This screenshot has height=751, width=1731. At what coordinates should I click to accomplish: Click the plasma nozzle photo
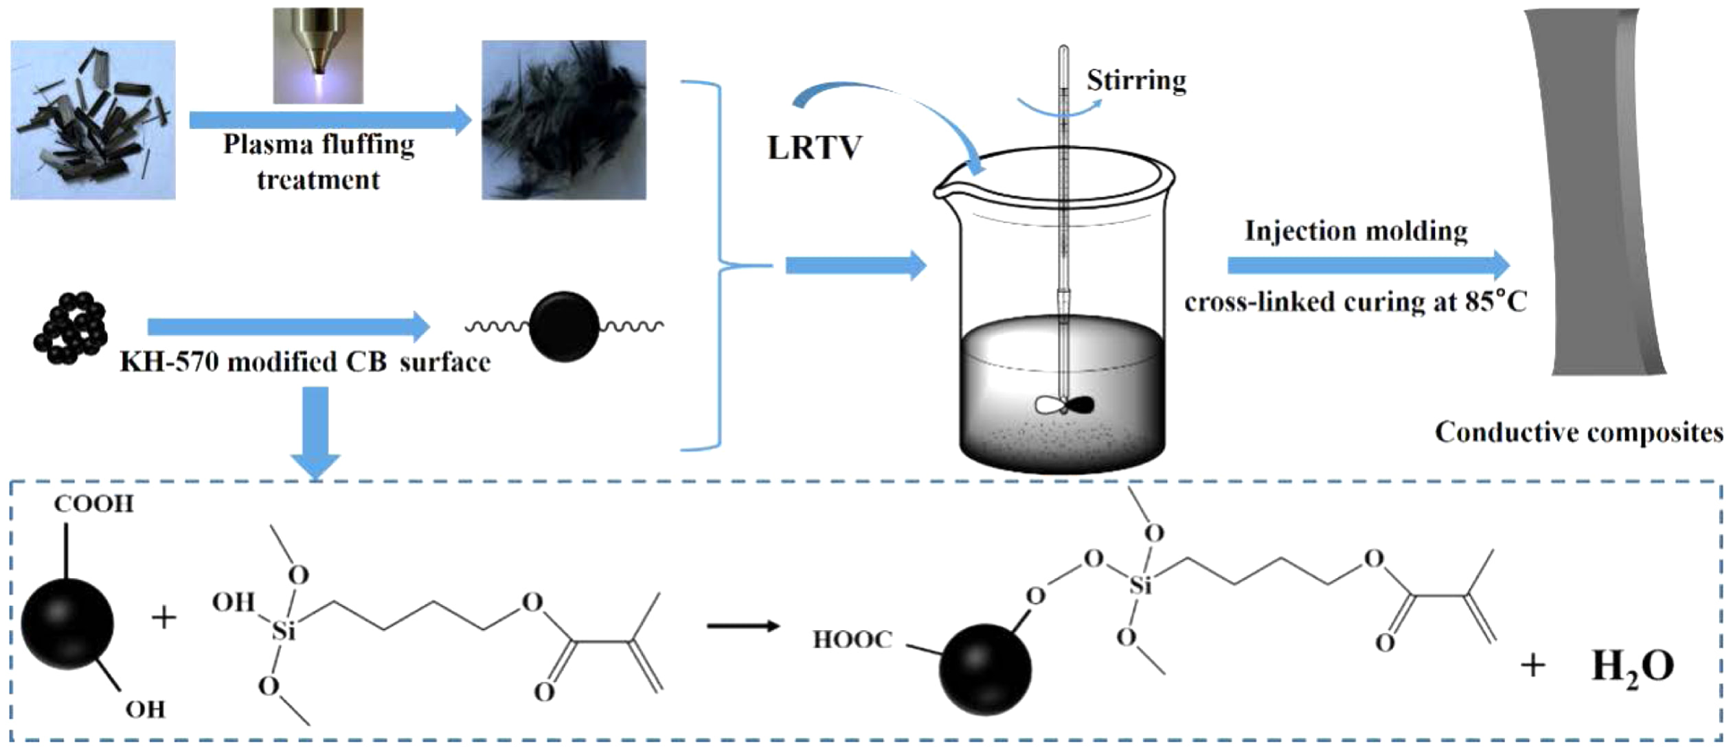click(x=318, y=56)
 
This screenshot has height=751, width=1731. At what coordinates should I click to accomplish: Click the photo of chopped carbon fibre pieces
click(x=93, y=119)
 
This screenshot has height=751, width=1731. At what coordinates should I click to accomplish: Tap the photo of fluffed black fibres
click(x=564, y=119)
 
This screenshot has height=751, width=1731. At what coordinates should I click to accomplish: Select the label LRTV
click(x=814, y=148)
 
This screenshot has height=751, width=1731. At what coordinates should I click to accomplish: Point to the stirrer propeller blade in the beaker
click(x=1064, y=406)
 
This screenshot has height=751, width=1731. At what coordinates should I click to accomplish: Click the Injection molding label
click(x=1356, y=231)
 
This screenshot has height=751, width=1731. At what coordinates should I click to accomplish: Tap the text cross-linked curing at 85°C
click(x=1355, y=302)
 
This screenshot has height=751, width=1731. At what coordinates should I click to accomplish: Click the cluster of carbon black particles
click(x=71, y=328)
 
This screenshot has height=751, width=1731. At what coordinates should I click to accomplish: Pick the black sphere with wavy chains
click(x=564, y=327)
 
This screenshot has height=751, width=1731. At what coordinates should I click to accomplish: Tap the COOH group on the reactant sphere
click(x=94, y=504)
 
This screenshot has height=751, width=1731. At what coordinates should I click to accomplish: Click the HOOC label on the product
click(x=852, y=640)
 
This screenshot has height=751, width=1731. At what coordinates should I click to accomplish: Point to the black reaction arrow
click(x=743, y=626)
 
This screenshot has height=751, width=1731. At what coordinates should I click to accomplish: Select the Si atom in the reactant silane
click(x=284, y=630)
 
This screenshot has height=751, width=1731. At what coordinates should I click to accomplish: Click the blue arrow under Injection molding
click(x=1368, y=266)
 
